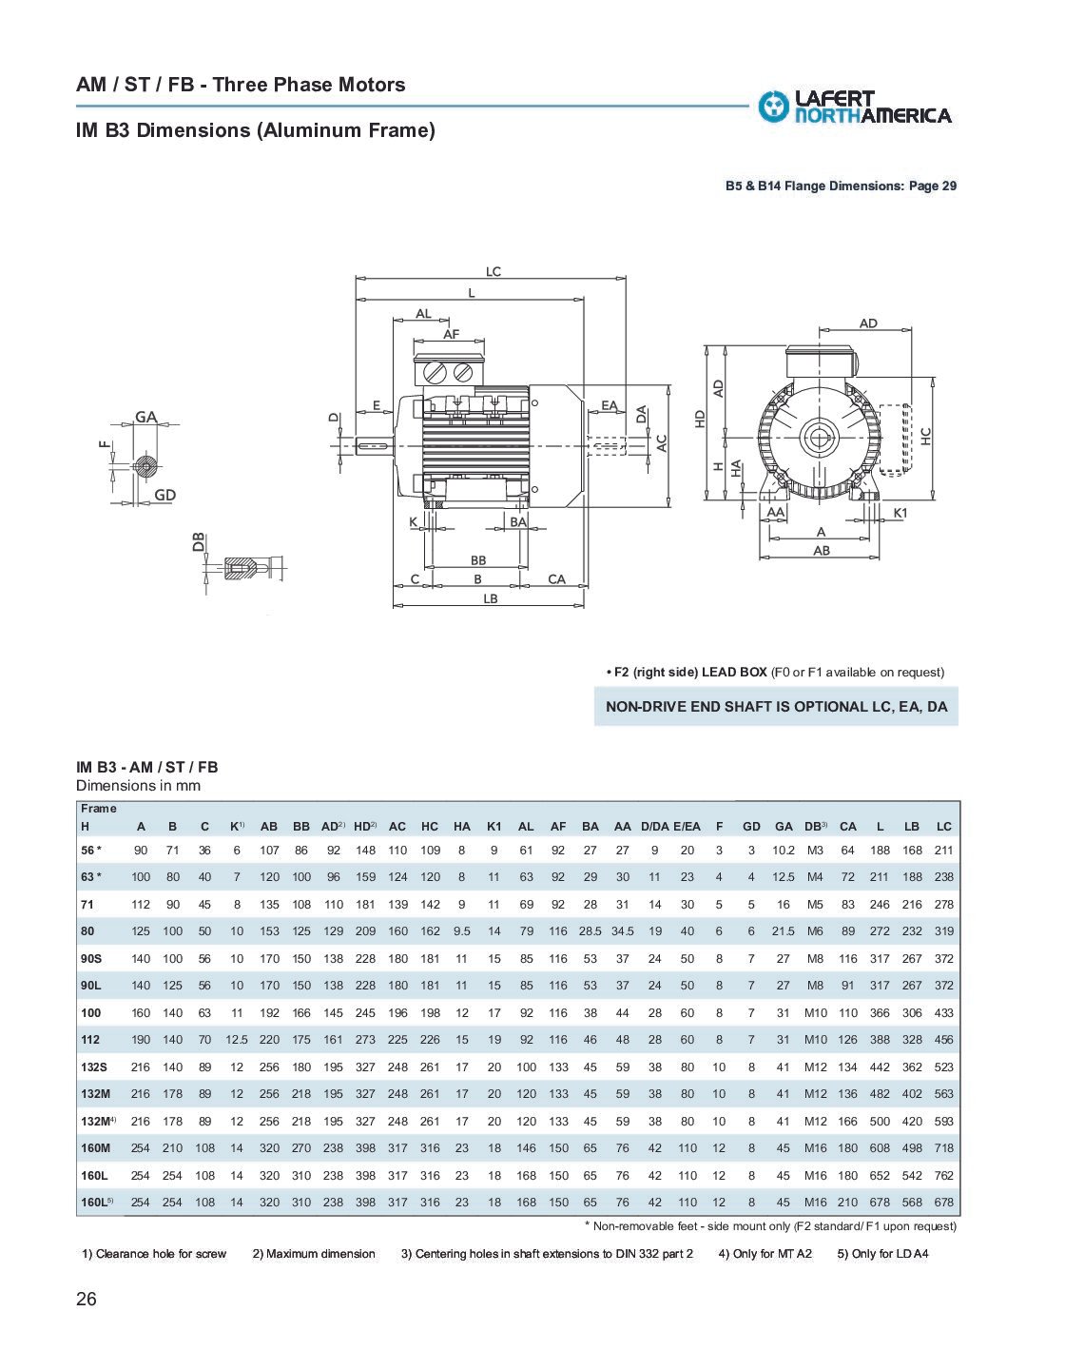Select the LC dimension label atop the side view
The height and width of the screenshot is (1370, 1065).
pos(493,271)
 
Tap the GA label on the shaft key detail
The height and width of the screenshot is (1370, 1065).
pos(145,417)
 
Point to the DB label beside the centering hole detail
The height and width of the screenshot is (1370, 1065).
pos(198,542)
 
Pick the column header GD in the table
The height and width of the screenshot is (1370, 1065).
pos(751,827)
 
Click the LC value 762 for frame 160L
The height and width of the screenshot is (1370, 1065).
pos(943,1175)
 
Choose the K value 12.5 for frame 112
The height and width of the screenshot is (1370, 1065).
pos(237,1040)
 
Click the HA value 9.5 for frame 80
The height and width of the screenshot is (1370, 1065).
pos(462,931)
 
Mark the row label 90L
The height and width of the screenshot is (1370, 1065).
pos(91,986)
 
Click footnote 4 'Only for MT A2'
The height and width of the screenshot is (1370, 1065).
pos(765,1253)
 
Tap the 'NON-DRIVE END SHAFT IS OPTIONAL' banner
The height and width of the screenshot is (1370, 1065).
pos(776,707)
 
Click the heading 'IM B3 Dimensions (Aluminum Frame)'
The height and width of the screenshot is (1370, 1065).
pos(255,130)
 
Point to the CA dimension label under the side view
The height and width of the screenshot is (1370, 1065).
pos(556,578)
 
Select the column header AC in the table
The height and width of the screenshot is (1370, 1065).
pos(397,827)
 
